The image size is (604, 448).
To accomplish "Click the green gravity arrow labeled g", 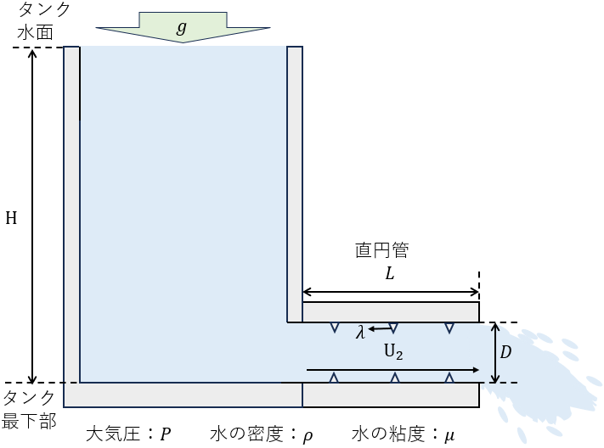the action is (183, 27).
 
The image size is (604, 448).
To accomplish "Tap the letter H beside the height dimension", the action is (11, 218).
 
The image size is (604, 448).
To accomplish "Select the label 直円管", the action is (381, 250).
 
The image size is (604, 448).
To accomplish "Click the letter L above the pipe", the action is (390, 274).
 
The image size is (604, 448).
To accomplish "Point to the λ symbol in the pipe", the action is (360, 332).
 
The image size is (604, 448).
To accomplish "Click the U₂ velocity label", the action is (393, 352).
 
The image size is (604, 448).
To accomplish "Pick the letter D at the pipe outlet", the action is (505, 352).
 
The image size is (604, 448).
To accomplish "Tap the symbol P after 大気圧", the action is (166, 434).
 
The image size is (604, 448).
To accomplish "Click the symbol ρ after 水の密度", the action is (308, 436).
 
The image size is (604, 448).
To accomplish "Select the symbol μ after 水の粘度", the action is (449, 436).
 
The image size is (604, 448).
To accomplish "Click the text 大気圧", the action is (112, 434).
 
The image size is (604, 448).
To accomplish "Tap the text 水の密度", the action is (246, 434).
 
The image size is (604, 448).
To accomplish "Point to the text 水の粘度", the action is (388, 434).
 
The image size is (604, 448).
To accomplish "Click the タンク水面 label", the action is (43, 20).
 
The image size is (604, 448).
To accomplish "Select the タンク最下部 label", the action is (29, 410).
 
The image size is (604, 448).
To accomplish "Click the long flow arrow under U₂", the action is (392, 370).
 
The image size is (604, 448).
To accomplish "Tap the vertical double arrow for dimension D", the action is (496, 353).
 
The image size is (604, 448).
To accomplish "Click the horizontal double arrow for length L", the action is (391, 292).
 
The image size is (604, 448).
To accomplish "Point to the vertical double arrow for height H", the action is (33, 216).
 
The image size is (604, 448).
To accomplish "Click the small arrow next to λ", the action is (381, 328).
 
